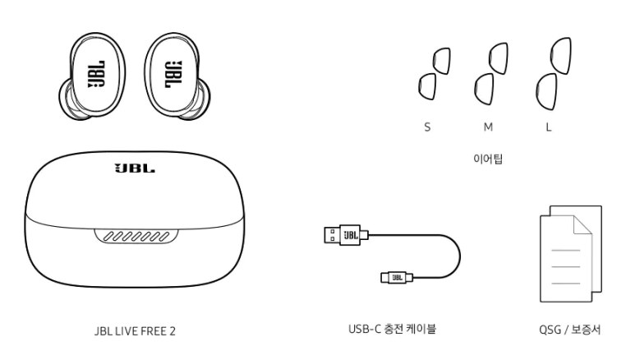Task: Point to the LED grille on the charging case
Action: pyautogui.click(x=135, y=236)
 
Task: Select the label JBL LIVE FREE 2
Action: pyautogui.click(x=134, y=330)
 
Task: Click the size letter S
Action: pyautogui.click(x=426, y=130)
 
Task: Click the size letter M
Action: pyautogui.click(x=487, y=130)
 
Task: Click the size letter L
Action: pyautogui.click(x=548, y=130)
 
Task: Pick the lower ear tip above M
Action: pyautogui.click(x=483, y=85)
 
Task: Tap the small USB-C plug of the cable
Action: pyautogui.click(x=394, y=277)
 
